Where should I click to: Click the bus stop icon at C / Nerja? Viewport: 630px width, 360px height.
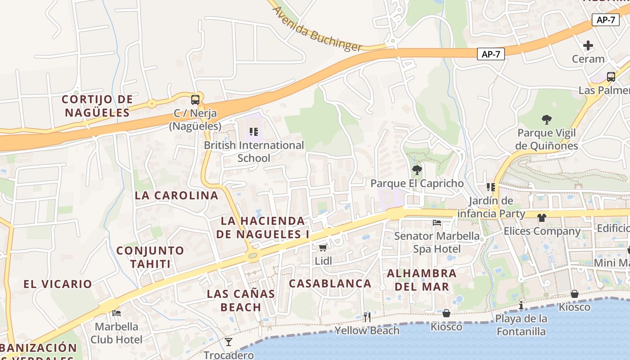point(195,100)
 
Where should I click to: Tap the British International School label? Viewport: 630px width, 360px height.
point(254,152)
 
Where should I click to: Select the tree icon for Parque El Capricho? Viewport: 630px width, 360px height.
point(417,170)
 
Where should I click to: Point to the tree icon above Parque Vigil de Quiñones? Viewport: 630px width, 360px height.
point(547,119)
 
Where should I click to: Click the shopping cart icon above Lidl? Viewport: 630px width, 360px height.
point(323,247)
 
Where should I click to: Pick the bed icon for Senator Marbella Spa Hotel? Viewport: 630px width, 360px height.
point(436,222)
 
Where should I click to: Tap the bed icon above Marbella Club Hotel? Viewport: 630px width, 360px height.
point(117,313)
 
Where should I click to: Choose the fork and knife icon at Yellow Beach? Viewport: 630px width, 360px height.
point(367,317)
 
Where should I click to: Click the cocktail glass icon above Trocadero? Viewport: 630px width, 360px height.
point(229,342)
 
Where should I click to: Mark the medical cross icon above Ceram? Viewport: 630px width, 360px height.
point(588,45)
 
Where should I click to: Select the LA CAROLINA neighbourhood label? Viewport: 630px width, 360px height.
point(176,195)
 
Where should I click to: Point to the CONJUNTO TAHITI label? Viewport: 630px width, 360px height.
point(150,257)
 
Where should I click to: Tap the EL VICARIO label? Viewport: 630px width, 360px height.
point(58,284)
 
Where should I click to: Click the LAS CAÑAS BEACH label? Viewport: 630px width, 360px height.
point(241,301)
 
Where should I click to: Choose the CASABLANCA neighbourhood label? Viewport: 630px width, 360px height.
point(330,283)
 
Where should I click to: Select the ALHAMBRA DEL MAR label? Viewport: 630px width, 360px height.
point(422,280)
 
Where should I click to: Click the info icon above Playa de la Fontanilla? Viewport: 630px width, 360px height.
point(521,305)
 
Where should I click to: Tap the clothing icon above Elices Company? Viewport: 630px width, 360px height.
point(541,218)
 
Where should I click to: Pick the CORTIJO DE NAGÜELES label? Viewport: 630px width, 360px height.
point(97,106)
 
